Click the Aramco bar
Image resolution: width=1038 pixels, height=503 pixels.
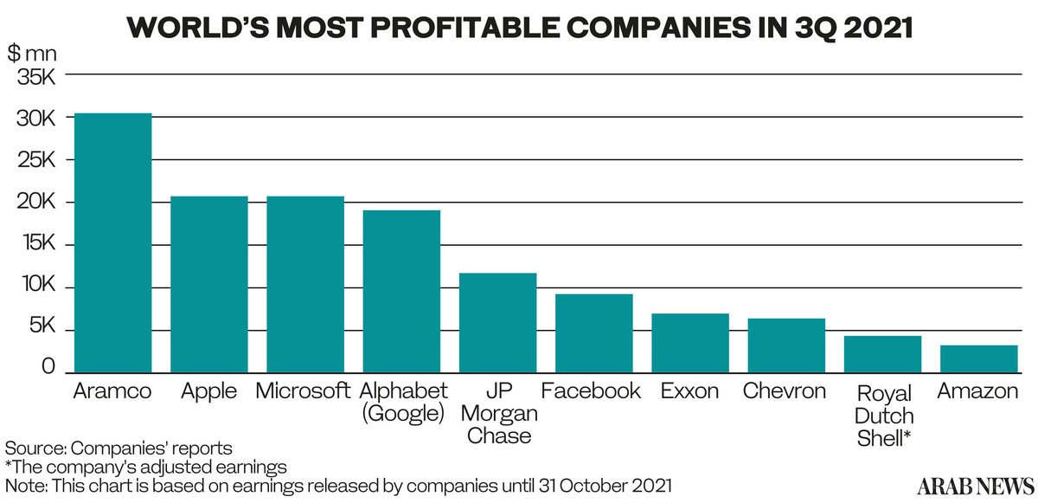click(113, 242)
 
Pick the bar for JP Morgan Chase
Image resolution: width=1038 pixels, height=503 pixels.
click(497, 322)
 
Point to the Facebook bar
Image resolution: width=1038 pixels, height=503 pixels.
click(593, 333)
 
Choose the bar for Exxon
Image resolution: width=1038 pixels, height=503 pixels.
click(689, 343)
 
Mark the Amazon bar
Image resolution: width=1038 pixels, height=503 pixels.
click(978, 358)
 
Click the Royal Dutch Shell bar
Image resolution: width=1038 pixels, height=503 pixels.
click(882, 354)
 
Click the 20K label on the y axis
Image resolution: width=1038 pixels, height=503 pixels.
click(35, 203)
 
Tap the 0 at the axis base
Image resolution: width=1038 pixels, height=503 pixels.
click(48, 367)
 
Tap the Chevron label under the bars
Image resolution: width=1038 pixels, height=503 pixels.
click(785, 390)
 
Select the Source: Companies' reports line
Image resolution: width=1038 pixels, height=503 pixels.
click(119, 448)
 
